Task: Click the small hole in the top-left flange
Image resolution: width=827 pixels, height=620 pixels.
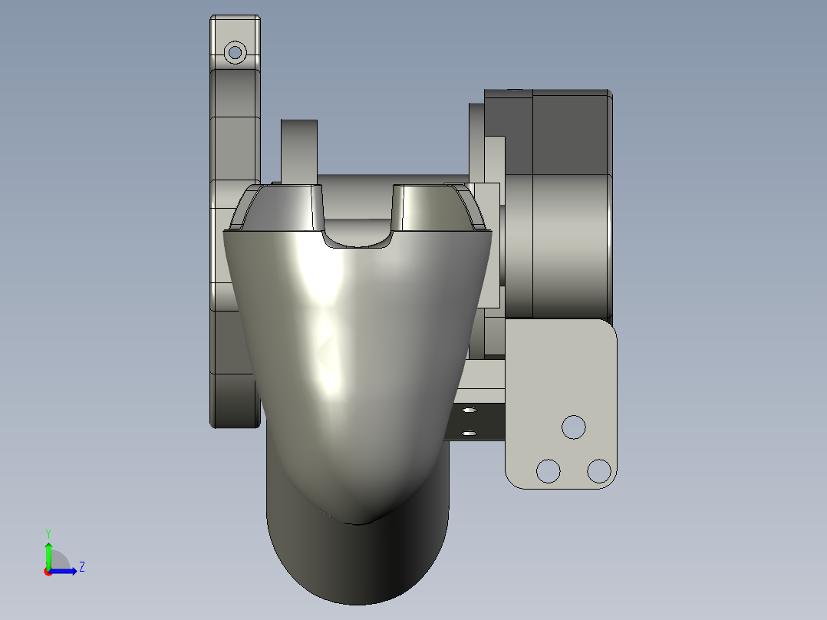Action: tap(235, 53)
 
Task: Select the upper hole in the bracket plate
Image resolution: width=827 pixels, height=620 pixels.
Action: tap(574, 427)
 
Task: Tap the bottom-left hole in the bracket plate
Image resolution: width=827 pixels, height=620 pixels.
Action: tap(548, 470)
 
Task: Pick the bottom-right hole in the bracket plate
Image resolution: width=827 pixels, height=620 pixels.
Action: tap(598, 470)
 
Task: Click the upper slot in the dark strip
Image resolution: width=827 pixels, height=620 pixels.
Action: tap(470, 411)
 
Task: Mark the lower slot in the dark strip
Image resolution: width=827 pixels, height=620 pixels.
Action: tap(470, 434)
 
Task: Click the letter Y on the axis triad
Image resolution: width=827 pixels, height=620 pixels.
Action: tap(48, 533)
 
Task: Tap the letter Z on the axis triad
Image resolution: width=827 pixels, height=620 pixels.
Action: tap(81, 567)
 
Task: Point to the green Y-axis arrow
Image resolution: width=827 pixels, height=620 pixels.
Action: tap(48, 554)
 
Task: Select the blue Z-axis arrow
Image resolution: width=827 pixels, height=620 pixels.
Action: tap(66, 570)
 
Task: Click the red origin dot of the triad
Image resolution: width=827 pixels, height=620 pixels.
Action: tap(48, 571)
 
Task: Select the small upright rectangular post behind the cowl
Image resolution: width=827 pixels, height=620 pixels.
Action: tap(298, 150)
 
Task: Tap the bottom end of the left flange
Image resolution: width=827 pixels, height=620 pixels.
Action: tap(235, 420)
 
